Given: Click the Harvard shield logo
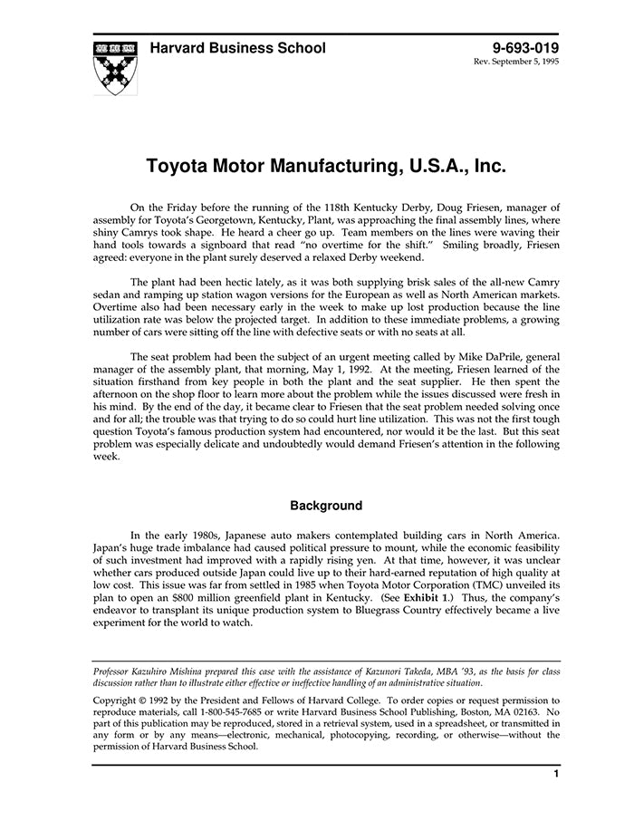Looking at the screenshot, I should [x=114, y=67].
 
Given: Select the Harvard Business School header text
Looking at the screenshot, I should [x=237, y=48].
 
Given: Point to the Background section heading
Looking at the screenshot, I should [x=325, y=506].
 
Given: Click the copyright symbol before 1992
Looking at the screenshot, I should [x=145, y=700].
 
